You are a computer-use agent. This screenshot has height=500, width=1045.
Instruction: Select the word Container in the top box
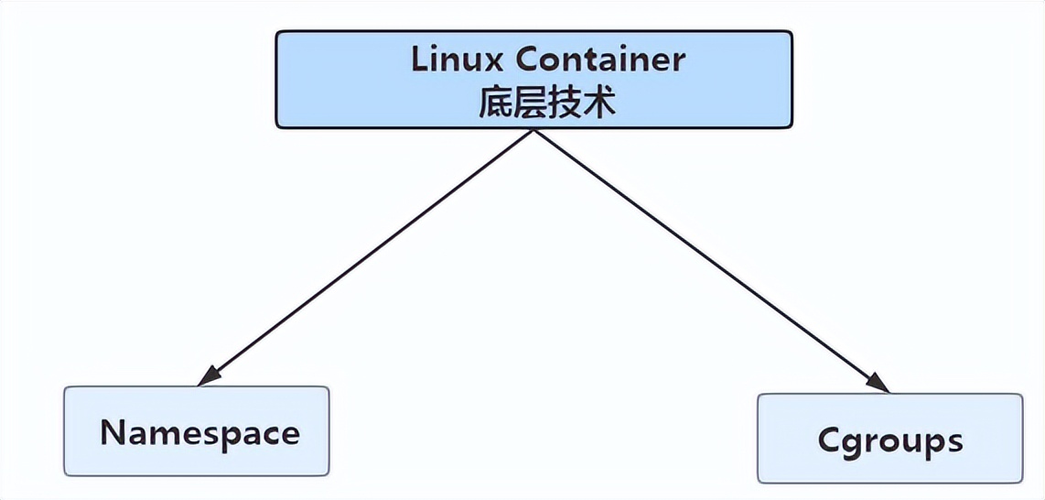tap(599, 60)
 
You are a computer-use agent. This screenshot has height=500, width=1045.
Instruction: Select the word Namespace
tap(199, 432)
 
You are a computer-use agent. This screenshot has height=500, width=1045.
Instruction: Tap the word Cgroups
tap(890, 440)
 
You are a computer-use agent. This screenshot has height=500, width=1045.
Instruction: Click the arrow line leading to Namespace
tap(366, 256)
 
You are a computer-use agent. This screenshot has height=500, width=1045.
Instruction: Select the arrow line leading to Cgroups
tap(705, 256)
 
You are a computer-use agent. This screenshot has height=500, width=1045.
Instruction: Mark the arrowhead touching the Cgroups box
tap(879, 384)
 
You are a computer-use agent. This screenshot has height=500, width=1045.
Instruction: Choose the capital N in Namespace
tap(113, 432)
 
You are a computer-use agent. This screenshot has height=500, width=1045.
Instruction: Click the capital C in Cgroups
tap(830, 440)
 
